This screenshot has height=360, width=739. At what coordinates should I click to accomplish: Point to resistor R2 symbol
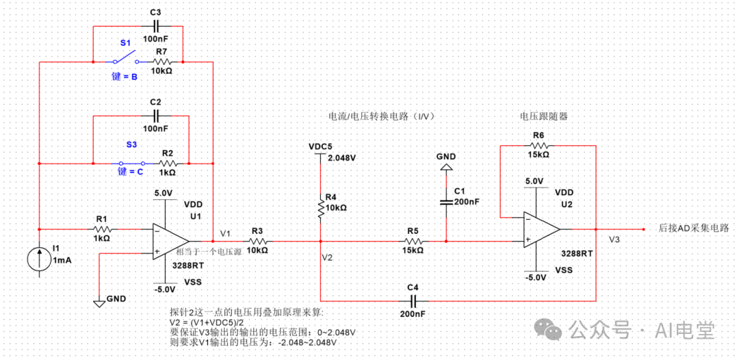click(x=167, y=164)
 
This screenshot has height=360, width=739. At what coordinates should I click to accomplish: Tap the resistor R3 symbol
click(x=257, y=241)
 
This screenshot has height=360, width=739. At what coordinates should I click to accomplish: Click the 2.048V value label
click(x=342, y=157)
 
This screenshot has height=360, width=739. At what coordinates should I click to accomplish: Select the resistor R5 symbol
click(x=413, y=241)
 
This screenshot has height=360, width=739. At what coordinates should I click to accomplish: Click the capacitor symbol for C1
click(x=446, y=201)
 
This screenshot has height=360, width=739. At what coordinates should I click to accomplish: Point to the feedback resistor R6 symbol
click(x=538, y=145)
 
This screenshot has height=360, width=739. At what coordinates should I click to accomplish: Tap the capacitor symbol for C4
click(x=413, y=300)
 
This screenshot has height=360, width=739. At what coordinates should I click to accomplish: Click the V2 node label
click(x=327, y=257)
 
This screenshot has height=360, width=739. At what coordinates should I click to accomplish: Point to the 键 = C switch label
click(x=129, y=172)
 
